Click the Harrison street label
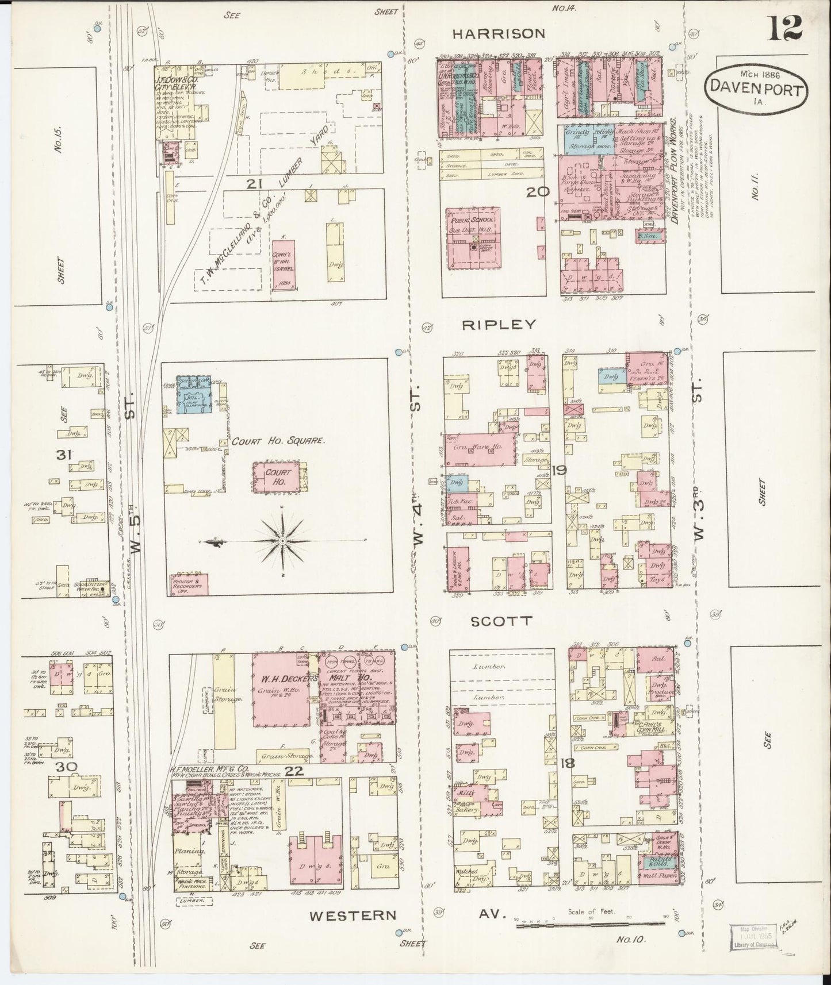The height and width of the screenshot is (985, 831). [x=498, y=34]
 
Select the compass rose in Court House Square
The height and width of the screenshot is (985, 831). [x=283, y=541]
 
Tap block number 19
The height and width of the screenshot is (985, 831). [x=558, y=471]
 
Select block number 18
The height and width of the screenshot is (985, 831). [x=567, y=764]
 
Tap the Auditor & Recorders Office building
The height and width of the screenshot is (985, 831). [x=189, y=584]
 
